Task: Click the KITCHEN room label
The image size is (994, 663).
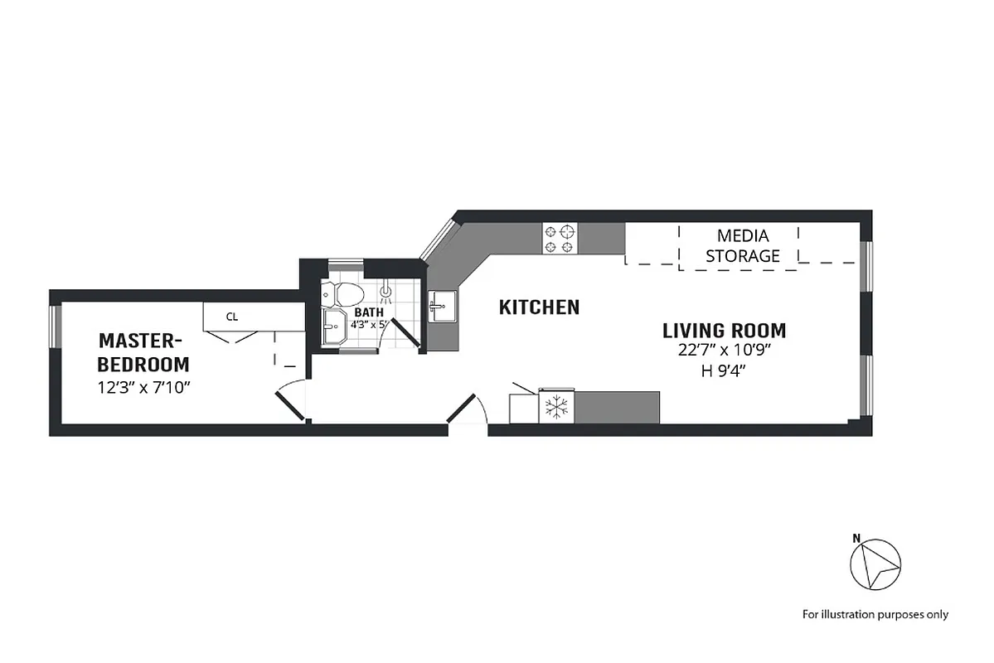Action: (x=539, y=307)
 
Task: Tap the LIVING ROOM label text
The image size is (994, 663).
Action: (x=724, y=330)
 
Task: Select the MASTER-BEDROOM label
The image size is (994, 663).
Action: (x=143, y=351)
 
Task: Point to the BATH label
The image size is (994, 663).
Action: (x=369, y=312)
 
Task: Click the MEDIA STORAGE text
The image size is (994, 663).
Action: (x=742, y=246)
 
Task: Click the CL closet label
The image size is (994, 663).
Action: (x=232, y=316)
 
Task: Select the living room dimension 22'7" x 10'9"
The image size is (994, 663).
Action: (x=724, y=351)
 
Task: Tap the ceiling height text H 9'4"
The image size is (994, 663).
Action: (x=724, y=371)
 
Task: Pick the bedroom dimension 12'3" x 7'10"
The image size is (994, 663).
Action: (x=143, y=387)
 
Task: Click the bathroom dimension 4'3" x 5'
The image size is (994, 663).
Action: (x=369, y=325)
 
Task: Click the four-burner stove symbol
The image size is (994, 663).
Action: (x=560, y=239)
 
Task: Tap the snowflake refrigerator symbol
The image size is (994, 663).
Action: (x=556, y=407)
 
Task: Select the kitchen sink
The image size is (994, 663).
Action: (x=442, y=307)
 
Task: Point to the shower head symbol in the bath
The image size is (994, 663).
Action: (x=385, y=293)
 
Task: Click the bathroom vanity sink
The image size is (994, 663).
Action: (x=334, y=327)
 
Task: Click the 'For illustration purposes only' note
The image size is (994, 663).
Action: (x=875, y=614)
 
